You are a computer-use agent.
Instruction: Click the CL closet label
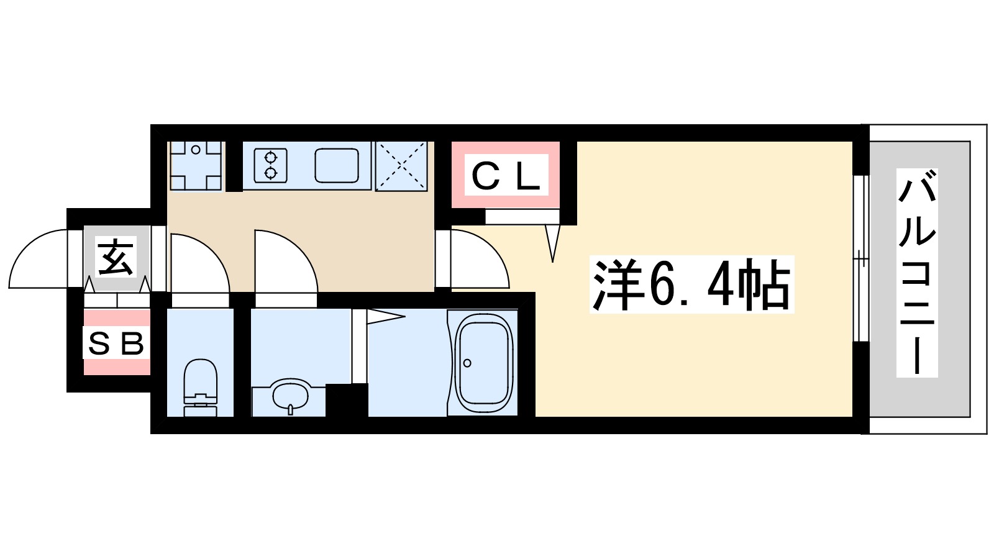click(x=506, y=176)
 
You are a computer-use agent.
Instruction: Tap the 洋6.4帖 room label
click(x=691, y=285)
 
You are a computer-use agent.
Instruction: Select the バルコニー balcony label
click(x=917, y=273)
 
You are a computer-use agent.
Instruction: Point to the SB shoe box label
click(x=117, y=343)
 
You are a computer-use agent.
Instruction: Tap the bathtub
click(x=485, y=363)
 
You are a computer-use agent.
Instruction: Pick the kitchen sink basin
click(x=337, y=165)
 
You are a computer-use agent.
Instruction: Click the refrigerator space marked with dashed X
click(x=401, y=166)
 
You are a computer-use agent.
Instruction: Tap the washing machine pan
click(x=196, y=165)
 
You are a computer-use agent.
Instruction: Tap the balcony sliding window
click(x=860, y=258)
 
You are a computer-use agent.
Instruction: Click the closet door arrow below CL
click(x=552, y=242)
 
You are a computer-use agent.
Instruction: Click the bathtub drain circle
click(x=467, y=363)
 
